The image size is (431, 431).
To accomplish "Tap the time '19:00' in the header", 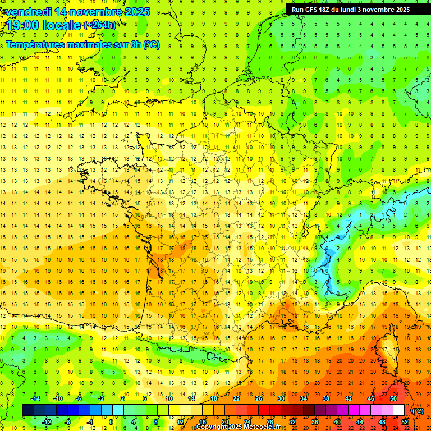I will [x=23, y=25].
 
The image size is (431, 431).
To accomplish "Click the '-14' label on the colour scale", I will [x=35, y=398].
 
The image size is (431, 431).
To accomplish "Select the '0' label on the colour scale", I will [x=112, y=422].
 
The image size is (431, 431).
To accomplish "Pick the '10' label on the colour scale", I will [x=169, y=398].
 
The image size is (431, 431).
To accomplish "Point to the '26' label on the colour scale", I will [x=259, y=398].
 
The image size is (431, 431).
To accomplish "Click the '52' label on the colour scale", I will [x=404, y=422].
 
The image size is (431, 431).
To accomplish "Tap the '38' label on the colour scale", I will [x=326, y=398].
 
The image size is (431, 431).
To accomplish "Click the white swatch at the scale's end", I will [x=398, y=410].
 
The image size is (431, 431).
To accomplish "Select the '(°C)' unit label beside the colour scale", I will [x=418, y=411].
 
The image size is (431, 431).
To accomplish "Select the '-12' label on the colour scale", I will [x=47, y=422].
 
